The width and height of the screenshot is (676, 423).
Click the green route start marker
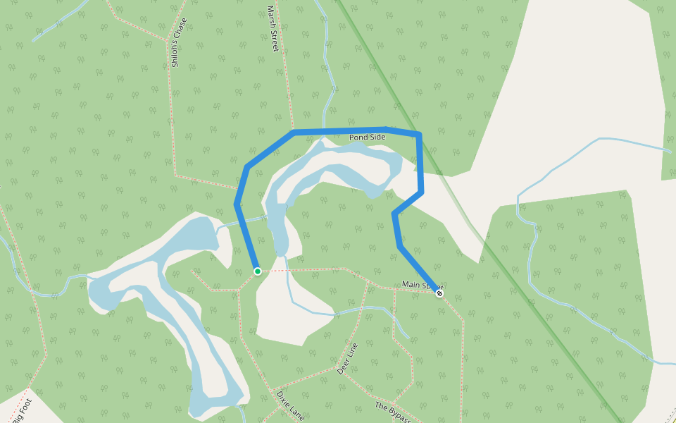[258, 271]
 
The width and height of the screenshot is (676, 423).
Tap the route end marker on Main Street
[439, 293]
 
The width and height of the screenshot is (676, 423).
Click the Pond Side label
[367, 137]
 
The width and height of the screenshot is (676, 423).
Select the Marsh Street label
[273, 29]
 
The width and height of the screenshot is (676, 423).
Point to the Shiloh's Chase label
[180, 42]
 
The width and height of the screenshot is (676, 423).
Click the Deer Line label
[347, 358]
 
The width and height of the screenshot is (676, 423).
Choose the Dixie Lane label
[290, 405]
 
